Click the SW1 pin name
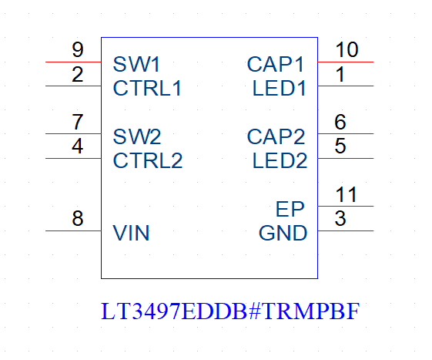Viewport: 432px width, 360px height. [136, 64]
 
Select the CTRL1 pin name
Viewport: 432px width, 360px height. [147, 89]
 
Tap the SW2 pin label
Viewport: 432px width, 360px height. [137, 136]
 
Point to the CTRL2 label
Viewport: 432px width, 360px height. [148, 160]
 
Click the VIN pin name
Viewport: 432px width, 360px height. [131, 233]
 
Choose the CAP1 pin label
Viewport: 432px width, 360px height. [275, 64]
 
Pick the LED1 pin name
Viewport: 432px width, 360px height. [279, 89]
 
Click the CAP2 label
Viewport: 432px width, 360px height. [276, 136]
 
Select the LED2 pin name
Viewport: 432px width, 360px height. [280, 160]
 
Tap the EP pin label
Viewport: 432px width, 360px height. [290, 209]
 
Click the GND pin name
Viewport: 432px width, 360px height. [283, 233]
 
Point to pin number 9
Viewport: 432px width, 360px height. [78, 49]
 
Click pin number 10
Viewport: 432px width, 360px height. [347, 49]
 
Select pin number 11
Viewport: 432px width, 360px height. [347, 194]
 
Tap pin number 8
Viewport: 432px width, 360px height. [78, 218]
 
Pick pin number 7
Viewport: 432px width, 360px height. [78, 122]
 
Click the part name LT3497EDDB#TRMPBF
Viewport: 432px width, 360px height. [230, 311]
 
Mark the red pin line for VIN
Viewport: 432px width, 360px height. [73, 230]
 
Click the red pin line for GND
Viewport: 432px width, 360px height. [346, 230]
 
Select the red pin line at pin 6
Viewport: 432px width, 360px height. [346, 134]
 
